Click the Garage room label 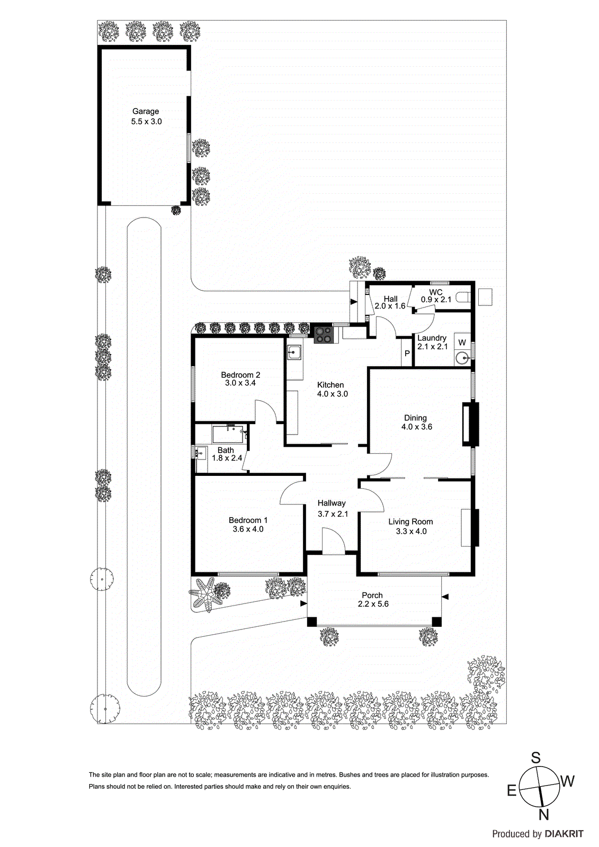(146, 111)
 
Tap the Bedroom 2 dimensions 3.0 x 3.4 (240, 383)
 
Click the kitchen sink (294, 352)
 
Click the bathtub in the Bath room (229, 434)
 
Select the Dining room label (415, 418)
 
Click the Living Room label (410, 521)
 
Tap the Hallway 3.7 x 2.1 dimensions (333, 513)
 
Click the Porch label (372, 595)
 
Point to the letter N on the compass (543, 814)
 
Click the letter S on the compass (536, 758)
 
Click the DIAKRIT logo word (564, 834)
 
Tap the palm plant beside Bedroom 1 (206, 594)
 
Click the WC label (436, 292)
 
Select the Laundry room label (432, 338)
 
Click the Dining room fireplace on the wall (470, 425)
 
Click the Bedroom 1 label (248, 520)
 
